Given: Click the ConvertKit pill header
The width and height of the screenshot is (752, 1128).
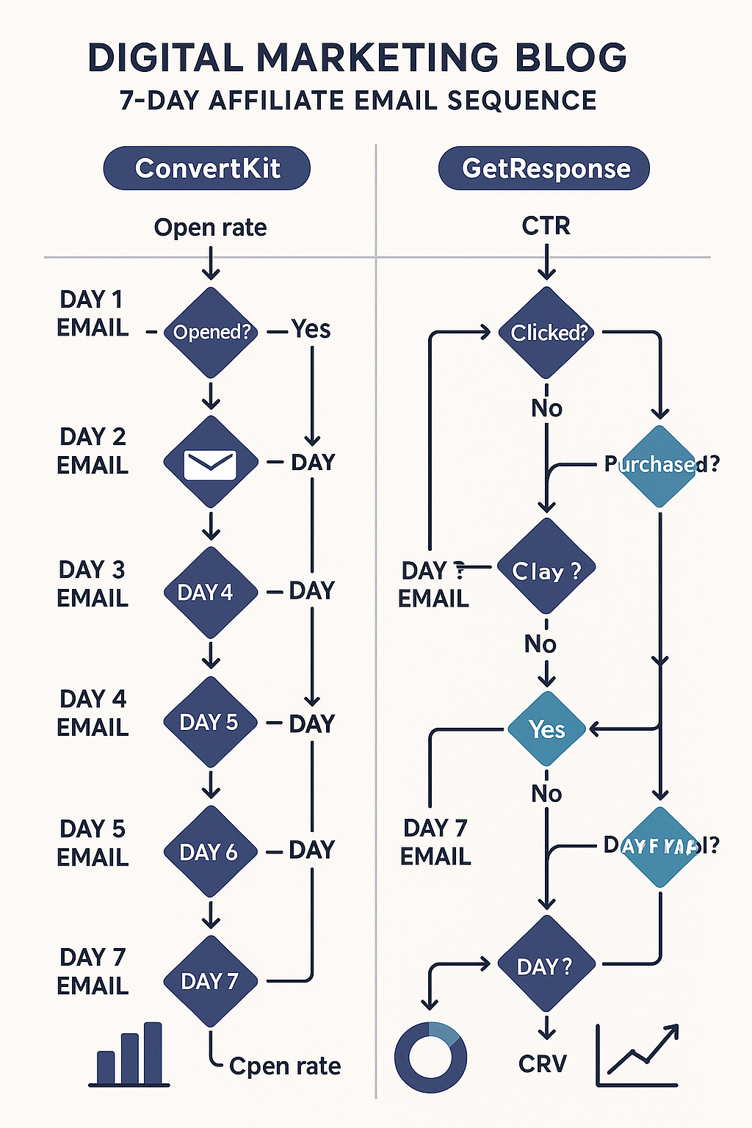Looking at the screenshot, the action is tap(207, 168).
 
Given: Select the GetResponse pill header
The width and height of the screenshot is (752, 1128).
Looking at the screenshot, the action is tap(544, 168).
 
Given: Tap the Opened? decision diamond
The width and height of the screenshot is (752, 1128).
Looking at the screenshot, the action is tap(211, 332).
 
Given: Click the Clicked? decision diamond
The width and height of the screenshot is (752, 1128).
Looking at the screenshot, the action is tap(547, 332).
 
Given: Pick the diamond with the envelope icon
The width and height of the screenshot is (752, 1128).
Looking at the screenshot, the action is tap(211, 463).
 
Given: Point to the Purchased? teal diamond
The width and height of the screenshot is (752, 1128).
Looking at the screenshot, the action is tap(659, 466).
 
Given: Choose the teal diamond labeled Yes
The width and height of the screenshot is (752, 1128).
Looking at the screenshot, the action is tap(547, 729).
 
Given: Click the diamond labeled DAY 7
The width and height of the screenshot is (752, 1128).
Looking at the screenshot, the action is tap(211, 981).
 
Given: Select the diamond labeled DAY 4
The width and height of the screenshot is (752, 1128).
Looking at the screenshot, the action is tap(210, 592).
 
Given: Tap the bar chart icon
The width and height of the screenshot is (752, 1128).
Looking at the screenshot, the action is tap(130, 1055).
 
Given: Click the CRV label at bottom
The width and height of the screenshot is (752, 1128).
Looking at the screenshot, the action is tap(543, 1064).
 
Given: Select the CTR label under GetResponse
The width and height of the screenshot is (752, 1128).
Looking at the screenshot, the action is tap(546, 225).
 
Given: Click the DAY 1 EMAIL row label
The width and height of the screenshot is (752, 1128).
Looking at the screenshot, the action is tap(93, 314).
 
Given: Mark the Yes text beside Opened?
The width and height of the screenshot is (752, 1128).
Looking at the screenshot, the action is tap(311, 329).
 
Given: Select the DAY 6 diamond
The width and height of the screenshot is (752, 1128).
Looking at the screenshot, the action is tap(211, 852).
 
